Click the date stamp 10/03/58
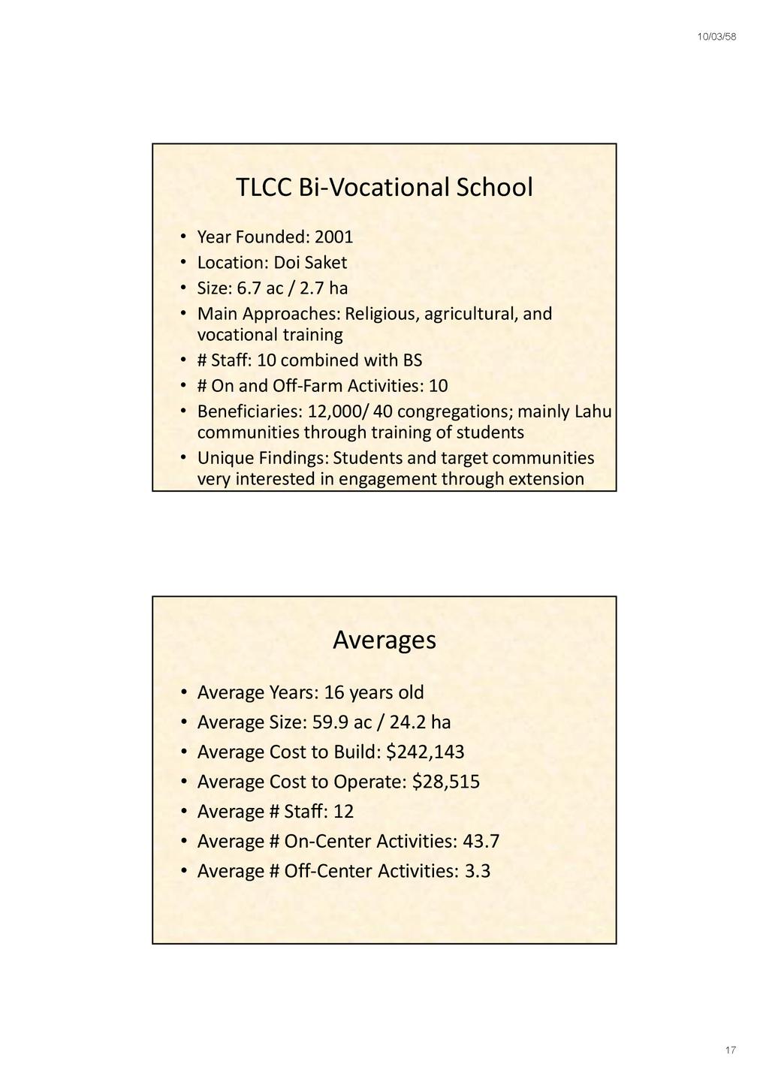(x=716, y=37)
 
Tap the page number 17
(x=730, y=1050)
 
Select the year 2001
(x=333, y=237)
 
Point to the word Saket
(x=325, y=263)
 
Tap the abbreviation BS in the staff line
(x=412, y=360)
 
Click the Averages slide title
(x=384, y=640)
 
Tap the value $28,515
(x=446, y=782)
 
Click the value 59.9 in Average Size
(x=330, y=722)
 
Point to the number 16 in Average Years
(x=333, y=692)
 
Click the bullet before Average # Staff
(x=183, y=812)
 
